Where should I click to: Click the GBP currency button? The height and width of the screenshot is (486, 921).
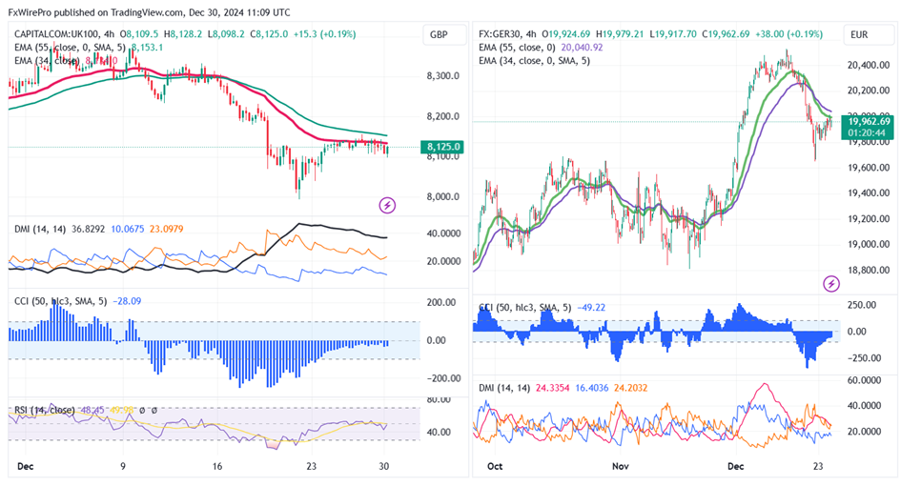pyautogui.click(x=439, y=35)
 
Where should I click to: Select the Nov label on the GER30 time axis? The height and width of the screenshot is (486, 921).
pyautogui.click(x=621, y=467)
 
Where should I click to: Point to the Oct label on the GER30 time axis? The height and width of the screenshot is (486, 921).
pyautogui.click(x=494, y=467)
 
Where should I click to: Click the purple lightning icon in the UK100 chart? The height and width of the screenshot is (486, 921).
pyautogui.click(x=387, y=204)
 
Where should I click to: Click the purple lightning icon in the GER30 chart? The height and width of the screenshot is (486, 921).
pyautogui.click(x=831, y=283)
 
